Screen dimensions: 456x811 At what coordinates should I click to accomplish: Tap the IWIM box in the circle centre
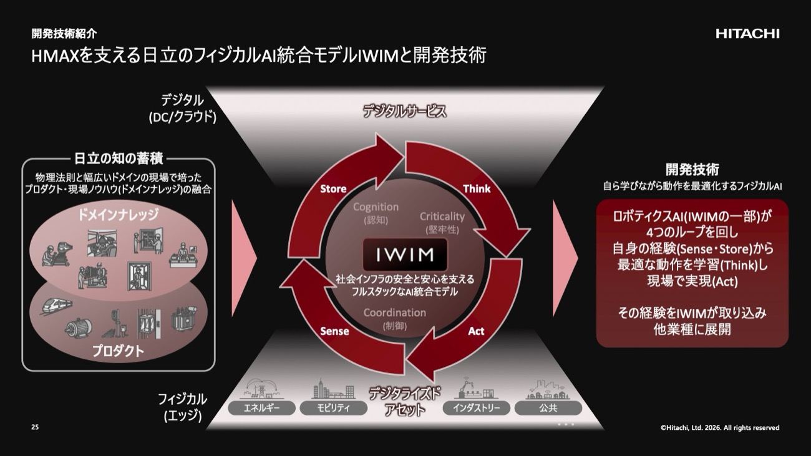tap(405, 255)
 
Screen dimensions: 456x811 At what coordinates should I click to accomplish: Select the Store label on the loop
tap(333, 188)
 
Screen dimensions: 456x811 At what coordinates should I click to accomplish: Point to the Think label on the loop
tap(477, 188)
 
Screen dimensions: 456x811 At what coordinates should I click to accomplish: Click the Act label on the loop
tap(476, 331)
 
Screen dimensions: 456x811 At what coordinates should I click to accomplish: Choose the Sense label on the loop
tap(334, 331)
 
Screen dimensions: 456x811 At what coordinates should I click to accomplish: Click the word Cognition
tap(376, 207)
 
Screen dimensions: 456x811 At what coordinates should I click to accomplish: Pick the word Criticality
tap(442, 216)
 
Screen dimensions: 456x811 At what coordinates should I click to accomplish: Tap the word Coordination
tap(395, 313)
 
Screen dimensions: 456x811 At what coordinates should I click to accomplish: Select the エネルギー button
tap(262, 408)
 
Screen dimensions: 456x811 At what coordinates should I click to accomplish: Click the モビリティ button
tap(334, 408)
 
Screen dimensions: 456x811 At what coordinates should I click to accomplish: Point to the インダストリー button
tap(477, 408)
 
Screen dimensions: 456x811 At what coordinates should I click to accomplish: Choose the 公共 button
tap(548, 408)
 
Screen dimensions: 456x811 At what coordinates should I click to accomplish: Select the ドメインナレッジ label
tap(118, 215)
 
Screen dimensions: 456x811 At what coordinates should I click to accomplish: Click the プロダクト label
tap(118, 351)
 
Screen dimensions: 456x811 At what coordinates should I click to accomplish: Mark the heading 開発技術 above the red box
tap(692, 169)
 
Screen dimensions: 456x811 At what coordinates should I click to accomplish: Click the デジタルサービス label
tap(405, 112)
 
